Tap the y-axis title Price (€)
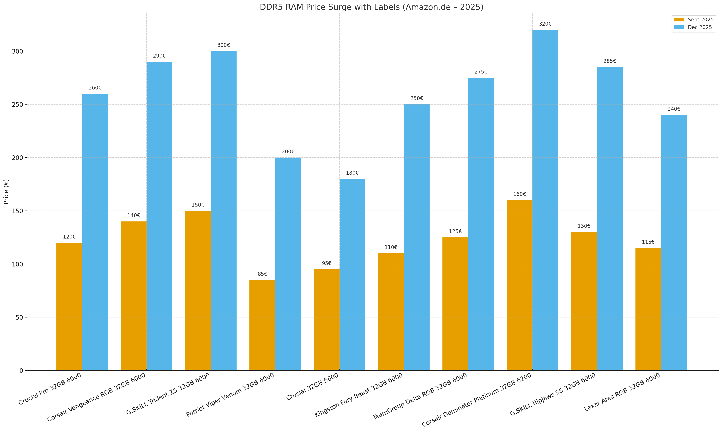6,191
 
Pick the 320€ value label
545,24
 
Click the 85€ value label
262,274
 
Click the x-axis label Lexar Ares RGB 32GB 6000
622,392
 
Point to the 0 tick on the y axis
21,371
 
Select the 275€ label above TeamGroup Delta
481,72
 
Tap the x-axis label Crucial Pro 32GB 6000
50,389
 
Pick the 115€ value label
648,242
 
